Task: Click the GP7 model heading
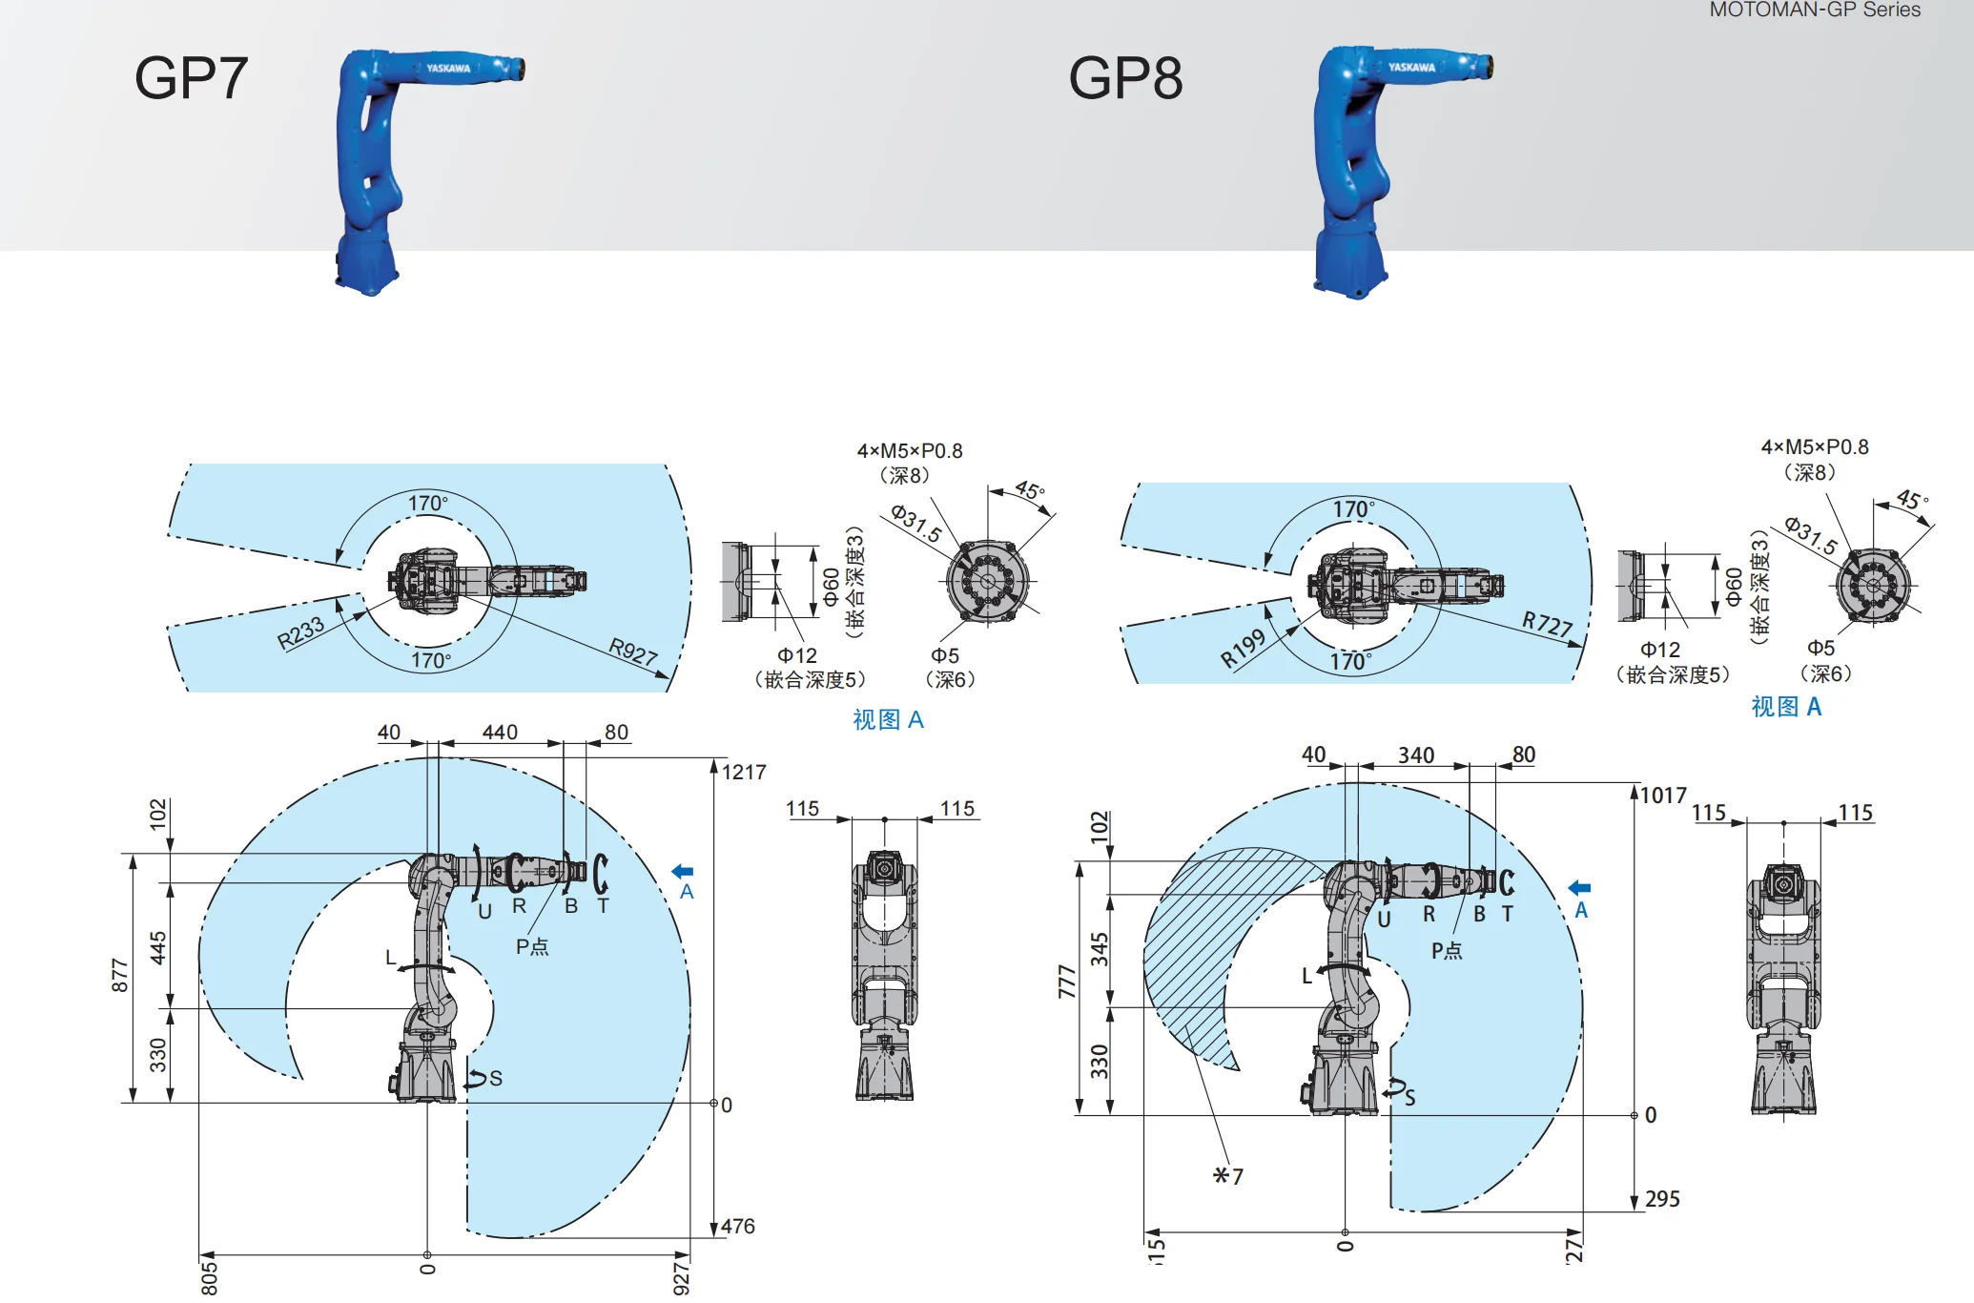(x=191, y=78)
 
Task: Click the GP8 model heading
(x=1125, y=78)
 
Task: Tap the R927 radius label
(x=633, y=651)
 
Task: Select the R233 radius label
(x=300, y=633)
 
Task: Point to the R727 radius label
(x=1547, y=624)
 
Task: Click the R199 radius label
(x=1243, y=649)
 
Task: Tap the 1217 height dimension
(x=744, y=773)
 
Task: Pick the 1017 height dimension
(x=1663, y=796)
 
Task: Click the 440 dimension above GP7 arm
(x=500, y=732)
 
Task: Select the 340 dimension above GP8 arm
(x=1416, y=755)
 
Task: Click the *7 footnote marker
(x=1228, y=1176)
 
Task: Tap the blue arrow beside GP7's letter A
(x=683, y=871)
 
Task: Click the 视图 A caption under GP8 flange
(x=1786, y=707)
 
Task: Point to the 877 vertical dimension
(x=119, y=975)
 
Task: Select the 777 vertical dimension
(x=1066, y=982)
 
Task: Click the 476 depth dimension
(x=738, y=1226)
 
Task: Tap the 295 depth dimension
(x=1662, y=1199)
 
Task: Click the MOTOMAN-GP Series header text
(x=1815, y=10)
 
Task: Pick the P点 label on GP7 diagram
(x=532, y=946)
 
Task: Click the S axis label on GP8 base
(x=1409, y=1098)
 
